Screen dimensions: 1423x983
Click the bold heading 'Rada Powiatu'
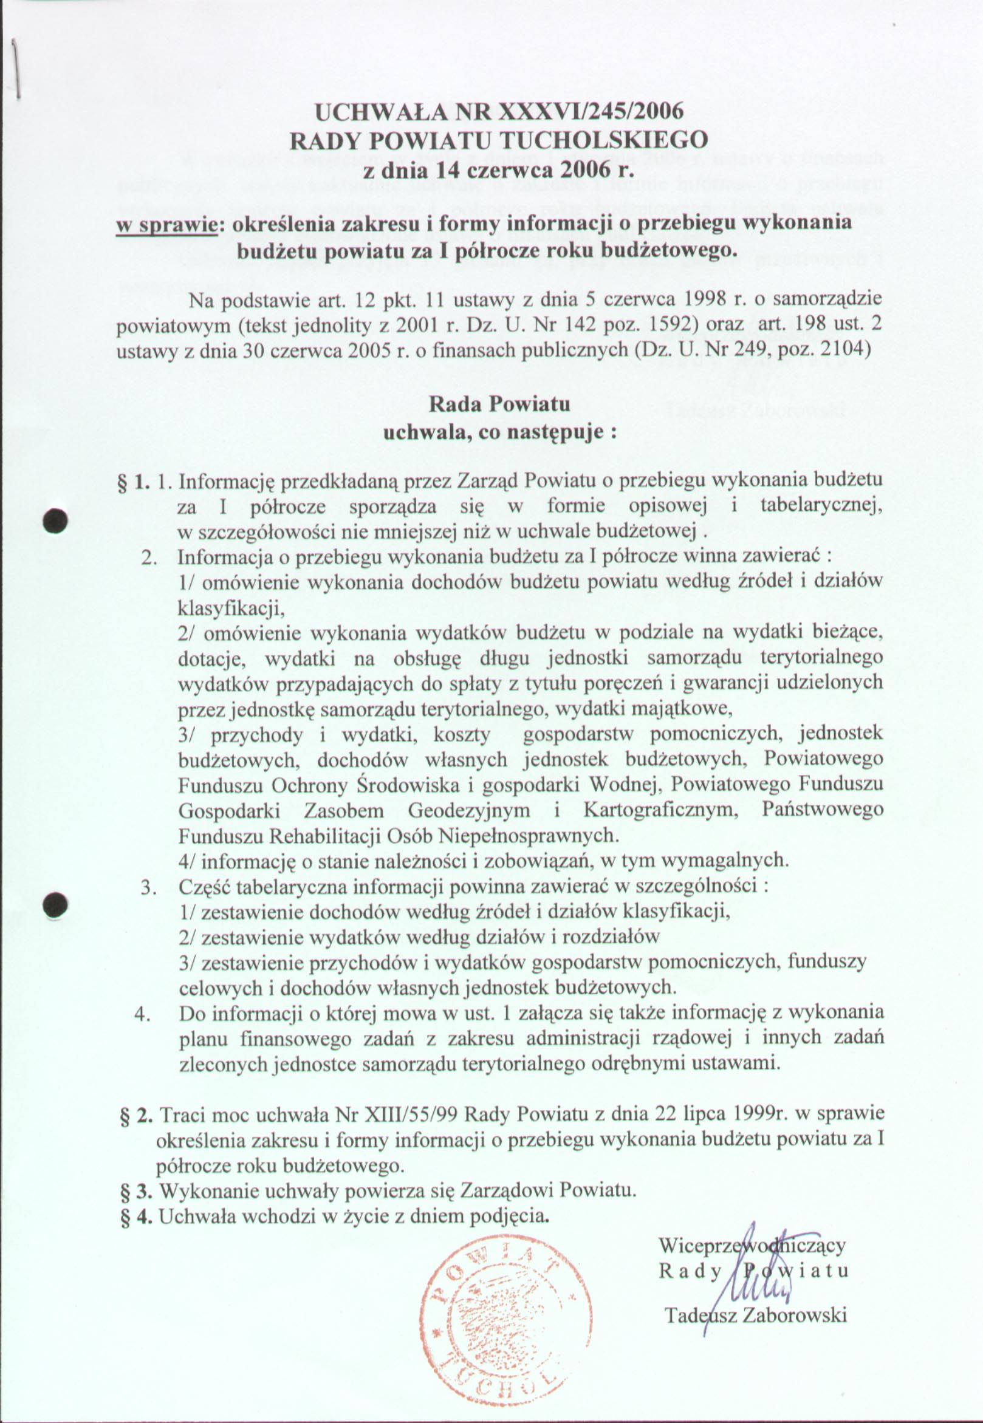[x=499, y=404]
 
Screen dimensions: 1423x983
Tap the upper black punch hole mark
[x=55, y=520]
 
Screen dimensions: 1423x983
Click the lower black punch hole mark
[x=55, y=904]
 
